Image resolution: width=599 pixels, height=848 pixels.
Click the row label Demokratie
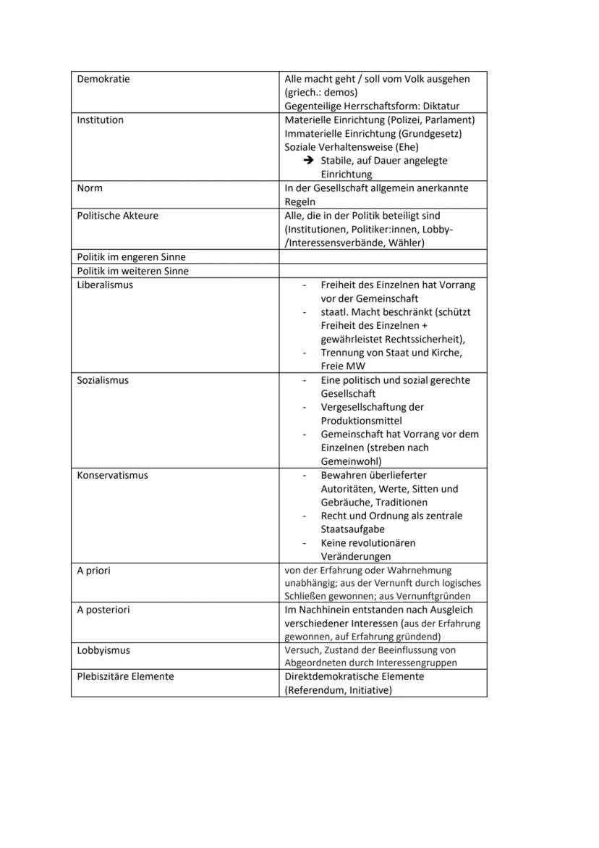103,79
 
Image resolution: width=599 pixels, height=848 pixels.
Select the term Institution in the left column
100,120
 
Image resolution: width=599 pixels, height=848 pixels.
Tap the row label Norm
90,188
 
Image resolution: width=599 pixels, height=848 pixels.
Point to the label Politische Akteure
117,216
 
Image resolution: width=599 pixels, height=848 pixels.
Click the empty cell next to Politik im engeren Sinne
383,257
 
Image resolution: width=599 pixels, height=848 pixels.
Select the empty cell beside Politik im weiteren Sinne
383,271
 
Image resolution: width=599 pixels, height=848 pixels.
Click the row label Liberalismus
105,285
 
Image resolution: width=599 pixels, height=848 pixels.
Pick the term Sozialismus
103,380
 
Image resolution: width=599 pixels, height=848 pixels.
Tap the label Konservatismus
112,476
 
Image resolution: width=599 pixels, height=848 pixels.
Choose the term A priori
94,571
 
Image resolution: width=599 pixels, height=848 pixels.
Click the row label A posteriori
103,610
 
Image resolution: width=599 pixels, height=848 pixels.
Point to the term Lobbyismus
103,650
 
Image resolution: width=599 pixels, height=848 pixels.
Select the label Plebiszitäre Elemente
125,676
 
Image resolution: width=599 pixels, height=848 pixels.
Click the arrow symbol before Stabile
308,161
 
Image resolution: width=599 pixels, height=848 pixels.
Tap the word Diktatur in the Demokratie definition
438,106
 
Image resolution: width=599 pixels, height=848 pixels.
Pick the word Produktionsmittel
361,421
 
